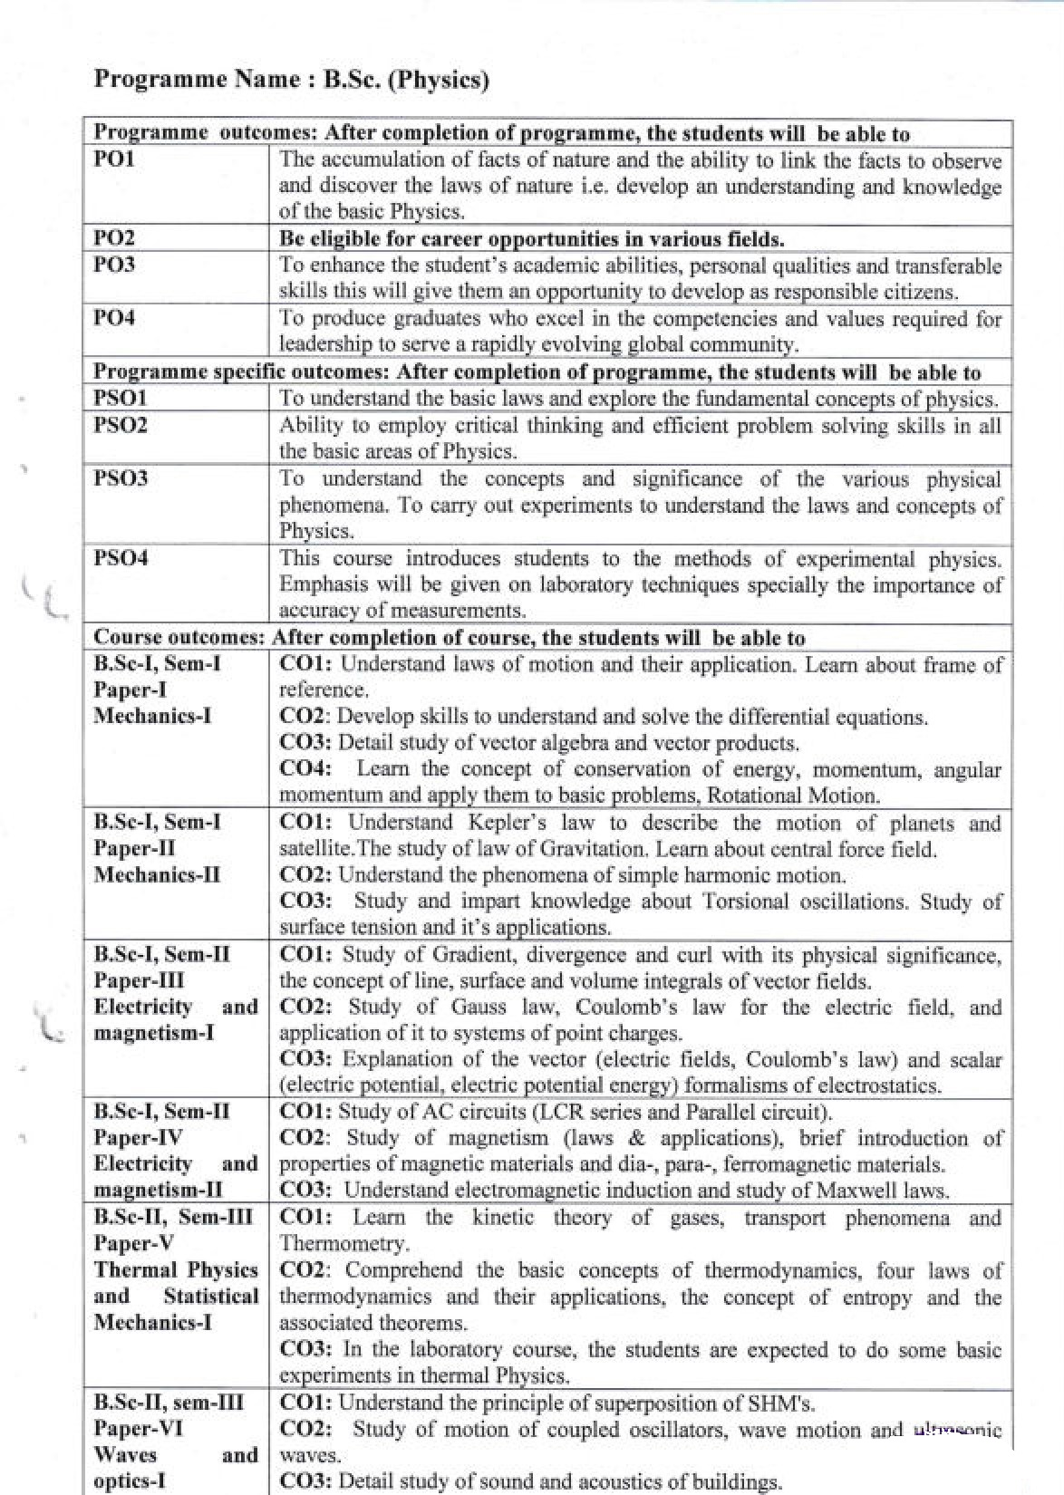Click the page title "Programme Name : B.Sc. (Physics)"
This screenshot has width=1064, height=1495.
tap(291, 79)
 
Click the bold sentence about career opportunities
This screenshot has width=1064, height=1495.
tap(531, 239)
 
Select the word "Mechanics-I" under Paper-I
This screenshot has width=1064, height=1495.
tap(152, 716)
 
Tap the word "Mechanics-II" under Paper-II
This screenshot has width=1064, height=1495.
tap(157, 874)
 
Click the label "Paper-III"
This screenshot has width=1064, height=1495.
tap(139, 980)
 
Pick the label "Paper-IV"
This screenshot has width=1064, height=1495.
tap(139, 1137)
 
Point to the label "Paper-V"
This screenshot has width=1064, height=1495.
tap(134, 1243)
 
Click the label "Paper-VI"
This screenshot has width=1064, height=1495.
tap(138, 1429)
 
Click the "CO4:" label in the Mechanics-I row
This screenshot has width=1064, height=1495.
tap(305, 769)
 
